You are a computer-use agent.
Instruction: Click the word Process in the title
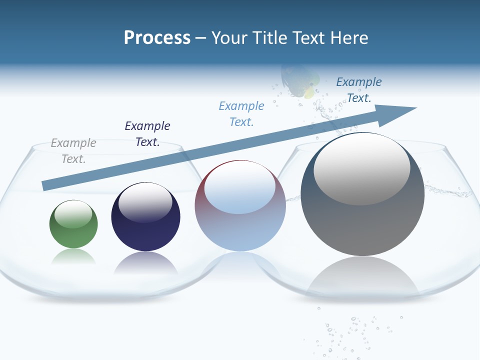point(157,38)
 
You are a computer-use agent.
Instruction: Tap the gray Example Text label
point(73,151)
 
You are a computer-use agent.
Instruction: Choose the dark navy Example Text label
point(147,134)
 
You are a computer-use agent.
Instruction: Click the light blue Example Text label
point(241,114)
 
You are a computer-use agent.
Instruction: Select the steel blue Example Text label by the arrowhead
point(359,90)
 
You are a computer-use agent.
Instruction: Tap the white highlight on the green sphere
point(73,213)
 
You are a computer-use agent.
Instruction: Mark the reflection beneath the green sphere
point(73,257)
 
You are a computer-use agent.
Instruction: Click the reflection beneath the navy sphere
point(145,263)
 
